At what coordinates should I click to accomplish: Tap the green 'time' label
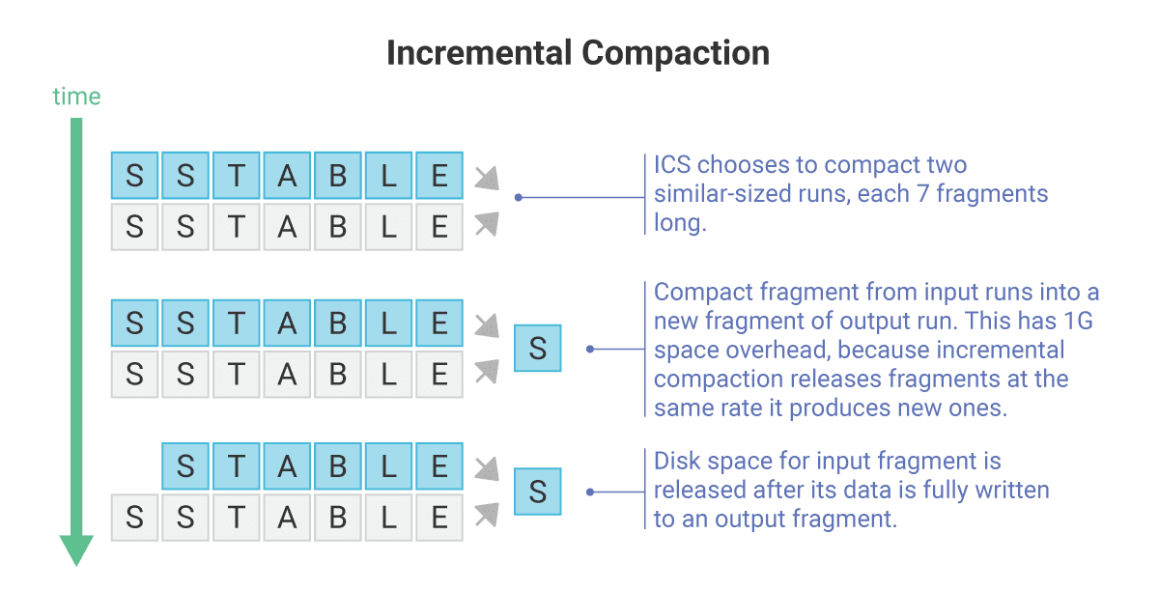(76, 97)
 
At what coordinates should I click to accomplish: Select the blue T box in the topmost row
(237, 176)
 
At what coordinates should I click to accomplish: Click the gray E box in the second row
(439, 226)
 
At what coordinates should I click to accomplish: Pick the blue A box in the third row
(287, 323)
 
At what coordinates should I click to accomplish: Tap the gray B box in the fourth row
(337, 373)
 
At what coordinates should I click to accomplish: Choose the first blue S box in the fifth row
(186, 467)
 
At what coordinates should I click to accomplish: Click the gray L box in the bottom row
(388, 518)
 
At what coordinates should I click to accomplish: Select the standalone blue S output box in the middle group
(538, 349)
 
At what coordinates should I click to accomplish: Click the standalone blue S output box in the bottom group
(538, 492)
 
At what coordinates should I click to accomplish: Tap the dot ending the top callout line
(519, 197)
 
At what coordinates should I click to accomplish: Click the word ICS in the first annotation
(671, 164)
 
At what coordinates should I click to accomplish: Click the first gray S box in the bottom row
(135, 518)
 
